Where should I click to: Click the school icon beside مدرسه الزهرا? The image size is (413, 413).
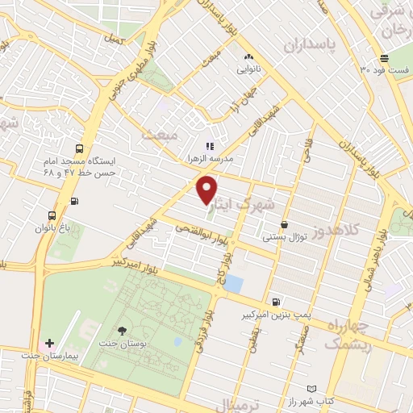click(x=210, y=146)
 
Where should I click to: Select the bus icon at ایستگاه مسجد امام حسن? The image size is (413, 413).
click(x=79, y=149)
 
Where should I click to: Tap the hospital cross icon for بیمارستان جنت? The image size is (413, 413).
click(x=51, y=344)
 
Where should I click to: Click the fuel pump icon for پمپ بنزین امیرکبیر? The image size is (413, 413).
click(x=277, y=300)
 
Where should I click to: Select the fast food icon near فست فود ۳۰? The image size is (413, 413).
click(x=385, y=58)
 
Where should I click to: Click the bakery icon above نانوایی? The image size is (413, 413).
click(x=248, y=57)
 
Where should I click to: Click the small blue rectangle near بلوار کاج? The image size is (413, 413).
click(x=234, y=283)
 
